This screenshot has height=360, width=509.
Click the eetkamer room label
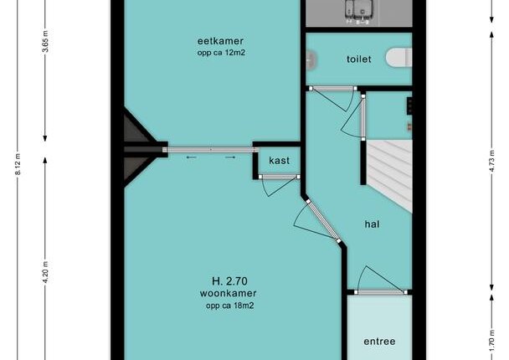click(220, 41)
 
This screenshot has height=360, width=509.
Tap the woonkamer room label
click(228, 293)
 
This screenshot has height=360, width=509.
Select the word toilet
click(358, 59)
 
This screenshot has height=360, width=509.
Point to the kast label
click(279, 161)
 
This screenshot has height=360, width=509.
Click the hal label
click(372, 224)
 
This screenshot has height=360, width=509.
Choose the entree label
click(379, 342)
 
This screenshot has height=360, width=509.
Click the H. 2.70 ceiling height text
click(229, 280)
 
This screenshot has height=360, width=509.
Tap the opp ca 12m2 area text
click(221, 53)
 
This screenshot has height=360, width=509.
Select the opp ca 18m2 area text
click(230, 306)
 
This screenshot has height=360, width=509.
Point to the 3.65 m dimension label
click(45, 41)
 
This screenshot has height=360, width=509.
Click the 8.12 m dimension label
click(18, 164)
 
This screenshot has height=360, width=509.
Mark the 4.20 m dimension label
click(45, 272)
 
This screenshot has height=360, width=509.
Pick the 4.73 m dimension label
click(492, 161)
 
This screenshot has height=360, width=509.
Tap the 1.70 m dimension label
click(492, 340)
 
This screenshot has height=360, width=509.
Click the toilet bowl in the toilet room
click(399, 58)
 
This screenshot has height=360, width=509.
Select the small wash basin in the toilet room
click(311, 59)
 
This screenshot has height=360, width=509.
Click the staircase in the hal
click(389, 173)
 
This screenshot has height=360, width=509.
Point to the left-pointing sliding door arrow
click(192, 157)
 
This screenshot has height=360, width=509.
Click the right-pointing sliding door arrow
click(230, 157)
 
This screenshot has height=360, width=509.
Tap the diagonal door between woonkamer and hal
click(323, 221)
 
